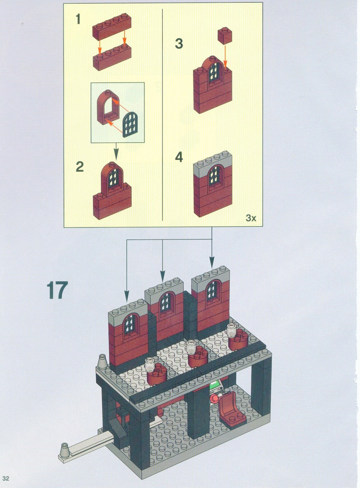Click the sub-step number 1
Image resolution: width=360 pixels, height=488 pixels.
[78, 19]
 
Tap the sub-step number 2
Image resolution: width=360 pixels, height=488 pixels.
[80, 167]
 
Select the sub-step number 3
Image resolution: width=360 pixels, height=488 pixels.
[179, 44]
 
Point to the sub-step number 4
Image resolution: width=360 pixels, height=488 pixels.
[179, 157]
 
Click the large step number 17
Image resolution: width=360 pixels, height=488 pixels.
[57, 290]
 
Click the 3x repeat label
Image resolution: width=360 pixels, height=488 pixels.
[251, 218]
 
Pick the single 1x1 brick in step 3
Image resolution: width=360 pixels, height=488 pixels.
[225, 36]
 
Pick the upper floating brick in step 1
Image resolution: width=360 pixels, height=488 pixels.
[112, 27]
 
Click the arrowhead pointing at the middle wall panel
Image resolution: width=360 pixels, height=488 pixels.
[162, 279]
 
